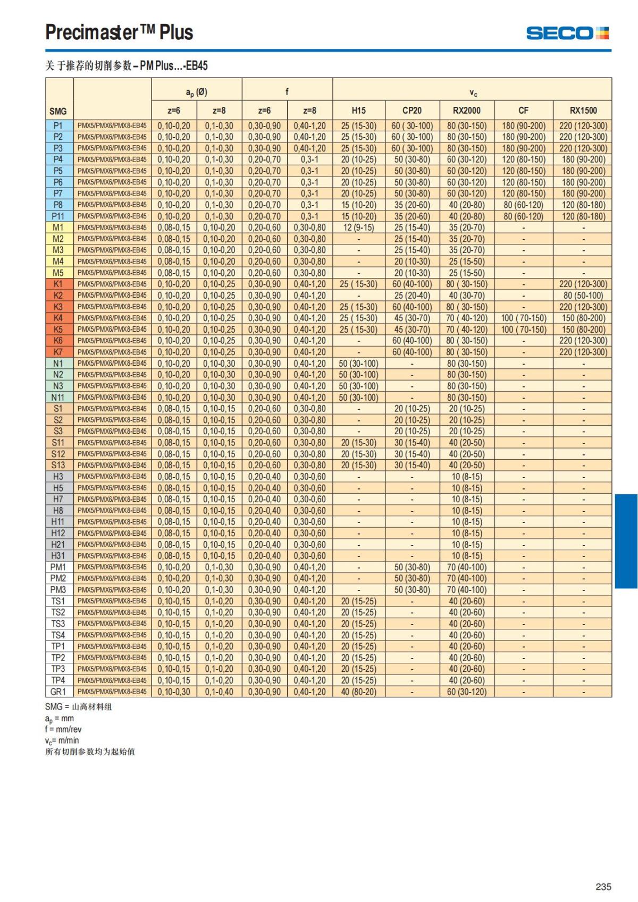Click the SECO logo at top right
tap(567, 33)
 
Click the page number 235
tap(603, 887)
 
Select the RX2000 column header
tap(466, 111)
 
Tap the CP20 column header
tap(412, 111)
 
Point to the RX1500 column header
tap(583, 111)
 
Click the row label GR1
tap(58, 692)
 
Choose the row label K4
tap(58, 318)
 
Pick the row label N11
tap(58, 397)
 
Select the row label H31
tap(58, 555)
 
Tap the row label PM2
tap(58, 578)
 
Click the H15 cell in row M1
tap(359, 227)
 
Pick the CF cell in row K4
tap(524, 318)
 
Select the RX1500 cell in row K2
tap(583, 296)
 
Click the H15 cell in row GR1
tap(359, 692)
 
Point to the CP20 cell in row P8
tap(412, 205)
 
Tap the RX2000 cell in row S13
tap(466, 465)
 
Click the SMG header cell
tap(58, 111)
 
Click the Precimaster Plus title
tap(119, 32)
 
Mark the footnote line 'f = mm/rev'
tap(63, 729)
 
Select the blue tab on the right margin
tap(626, 541)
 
